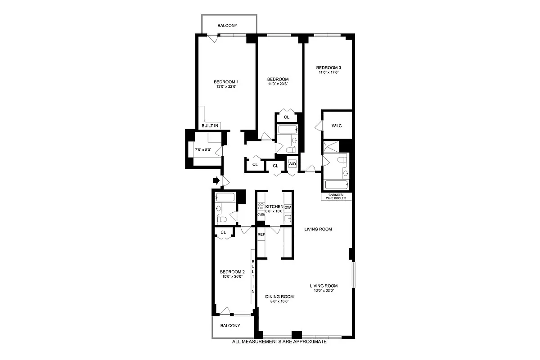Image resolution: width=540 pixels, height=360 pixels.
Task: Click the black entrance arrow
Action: [216, 181]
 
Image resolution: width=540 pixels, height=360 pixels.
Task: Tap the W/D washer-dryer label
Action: [292, 164]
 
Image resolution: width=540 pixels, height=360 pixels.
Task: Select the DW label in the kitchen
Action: [288, 207]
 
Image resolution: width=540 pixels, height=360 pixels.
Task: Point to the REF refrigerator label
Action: [261, 234]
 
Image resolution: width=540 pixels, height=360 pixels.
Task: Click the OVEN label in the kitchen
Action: [261, 215]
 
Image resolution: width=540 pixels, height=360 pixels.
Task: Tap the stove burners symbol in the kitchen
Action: [261, 207]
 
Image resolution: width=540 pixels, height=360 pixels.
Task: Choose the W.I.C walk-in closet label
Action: [337, 126]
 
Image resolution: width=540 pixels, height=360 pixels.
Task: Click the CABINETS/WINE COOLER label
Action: [337, 196]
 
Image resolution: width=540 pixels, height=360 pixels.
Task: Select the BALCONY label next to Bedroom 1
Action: [227, 26]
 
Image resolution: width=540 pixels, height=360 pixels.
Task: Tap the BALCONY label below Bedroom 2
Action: [230, 326]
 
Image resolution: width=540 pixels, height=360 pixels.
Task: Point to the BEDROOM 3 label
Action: [328, 67]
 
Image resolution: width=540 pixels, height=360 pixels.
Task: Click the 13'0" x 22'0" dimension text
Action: [226, 86]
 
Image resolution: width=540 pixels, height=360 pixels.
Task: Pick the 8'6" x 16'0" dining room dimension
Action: [279, 301]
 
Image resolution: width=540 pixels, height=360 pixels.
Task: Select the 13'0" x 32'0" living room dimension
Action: [324, 291]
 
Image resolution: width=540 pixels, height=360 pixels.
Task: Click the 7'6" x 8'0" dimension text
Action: [203, 150]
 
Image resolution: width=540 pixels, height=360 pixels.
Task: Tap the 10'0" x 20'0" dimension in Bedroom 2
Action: [232, 277]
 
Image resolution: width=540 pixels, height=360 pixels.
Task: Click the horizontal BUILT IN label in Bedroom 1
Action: [210, 126]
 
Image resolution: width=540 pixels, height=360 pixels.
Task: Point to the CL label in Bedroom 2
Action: [223, 232]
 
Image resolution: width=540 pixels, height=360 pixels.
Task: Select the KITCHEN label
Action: [274, 207]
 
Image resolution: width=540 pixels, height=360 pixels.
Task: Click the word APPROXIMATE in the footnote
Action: [306, 342]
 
